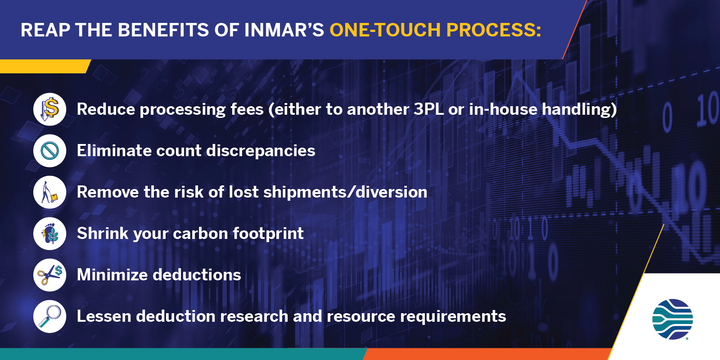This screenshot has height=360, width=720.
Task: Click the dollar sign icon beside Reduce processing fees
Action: tap(50, 109)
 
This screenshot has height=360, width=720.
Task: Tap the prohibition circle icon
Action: tap(50, 151)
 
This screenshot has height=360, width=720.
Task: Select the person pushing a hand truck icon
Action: tap(50, 192)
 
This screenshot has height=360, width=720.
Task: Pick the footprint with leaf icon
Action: tap(50, 234)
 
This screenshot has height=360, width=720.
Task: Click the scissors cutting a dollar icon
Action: tap(50, 275)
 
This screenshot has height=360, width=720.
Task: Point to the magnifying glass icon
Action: tap(50, 317)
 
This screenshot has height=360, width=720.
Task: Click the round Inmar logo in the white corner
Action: tap(672, 319)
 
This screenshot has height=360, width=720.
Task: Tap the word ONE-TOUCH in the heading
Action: tap(385, 30)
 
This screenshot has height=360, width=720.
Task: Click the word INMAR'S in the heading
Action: tap(284, 30)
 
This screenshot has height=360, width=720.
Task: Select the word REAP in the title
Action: tap(45, 30)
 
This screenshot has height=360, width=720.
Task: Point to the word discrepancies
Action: tap(261, 151)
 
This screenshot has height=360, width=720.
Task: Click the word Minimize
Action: tap(112, 275)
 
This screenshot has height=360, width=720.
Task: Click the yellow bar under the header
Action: tap(45, 66)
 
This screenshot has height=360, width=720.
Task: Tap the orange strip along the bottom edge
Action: tap(487, 354)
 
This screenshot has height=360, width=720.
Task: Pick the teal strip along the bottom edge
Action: tap(183, 354)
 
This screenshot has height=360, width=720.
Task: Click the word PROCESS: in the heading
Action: tap(494, 30)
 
